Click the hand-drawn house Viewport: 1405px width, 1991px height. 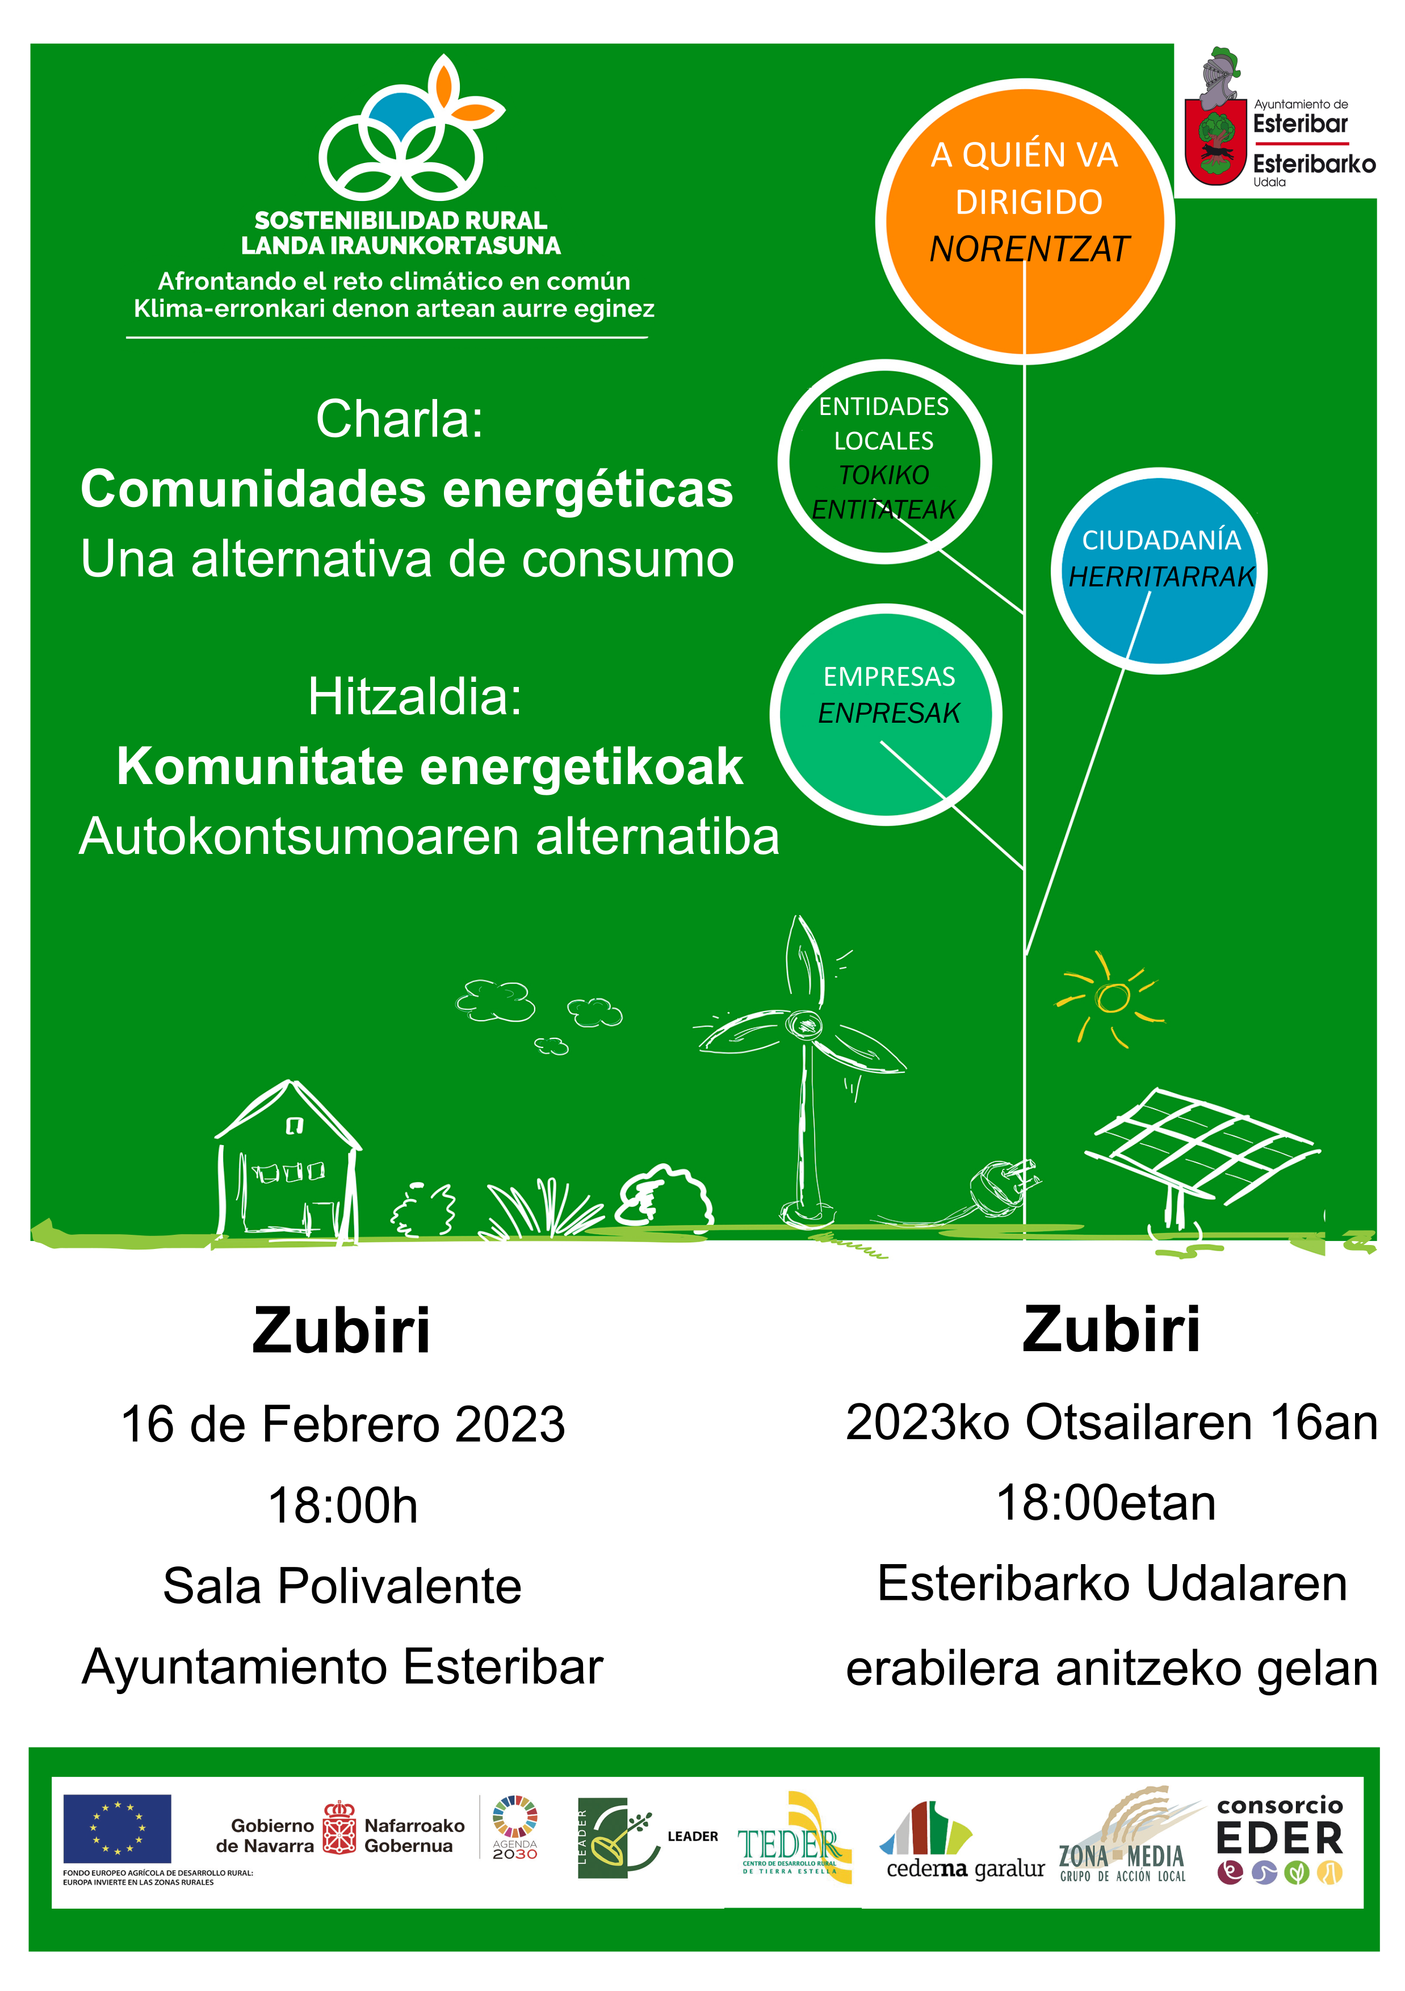tap(288, 1158)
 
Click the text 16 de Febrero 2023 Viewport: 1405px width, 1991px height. tap(343, 1425)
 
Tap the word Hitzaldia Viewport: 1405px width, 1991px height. tap(416, 697)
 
